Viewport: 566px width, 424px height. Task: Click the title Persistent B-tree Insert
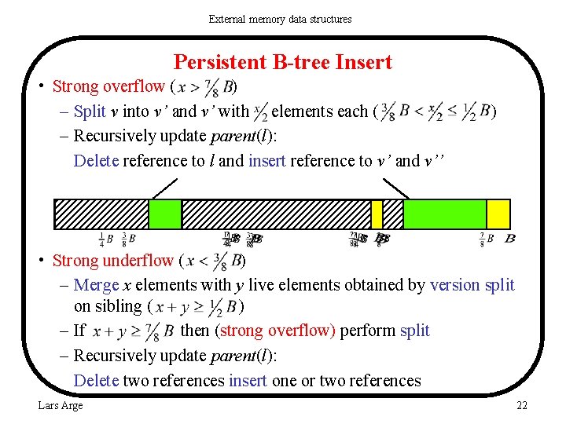pyautogui.click(x=282, y=62)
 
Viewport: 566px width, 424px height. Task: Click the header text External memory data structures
pyautogui.click(x=280, y=19)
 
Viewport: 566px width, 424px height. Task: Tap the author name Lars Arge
pyautogui.click(x=61, y=405)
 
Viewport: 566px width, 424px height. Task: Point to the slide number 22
pyautogui.click(x=521, y=405)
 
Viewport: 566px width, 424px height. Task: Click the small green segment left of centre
pyautogui.click(x=165, y=214)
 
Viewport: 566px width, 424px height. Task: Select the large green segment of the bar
pyautogui.click(x=444, y=214)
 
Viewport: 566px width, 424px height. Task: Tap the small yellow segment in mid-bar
pyautogui.click(x=377, y=214)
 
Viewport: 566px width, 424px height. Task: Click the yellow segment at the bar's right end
pyautogui.click(x=498, y=214)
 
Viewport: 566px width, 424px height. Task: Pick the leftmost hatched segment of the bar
pyautogui.click(x=101, y=214)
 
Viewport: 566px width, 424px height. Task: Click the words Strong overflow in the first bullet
pyautogui.click(x=108, y=86)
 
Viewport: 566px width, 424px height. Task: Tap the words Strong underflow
pyautogui.click(x=113, y=260)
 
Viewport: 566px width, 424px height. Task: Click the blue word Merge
pyautogui.click(x=96, y=285)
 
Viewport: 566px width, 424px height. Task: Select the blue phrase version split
pyautogui.click(x=472, y=285)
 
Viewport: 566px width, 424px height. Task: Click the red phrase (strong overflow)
pyautogui.click(x=276, y=331)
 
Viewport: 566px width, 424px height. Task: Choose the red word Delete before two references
pyautogui.click(x=96, y=381)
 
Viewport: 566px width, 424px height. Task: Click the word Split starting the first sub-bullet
pyautogui.click(x=90, y=111)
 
